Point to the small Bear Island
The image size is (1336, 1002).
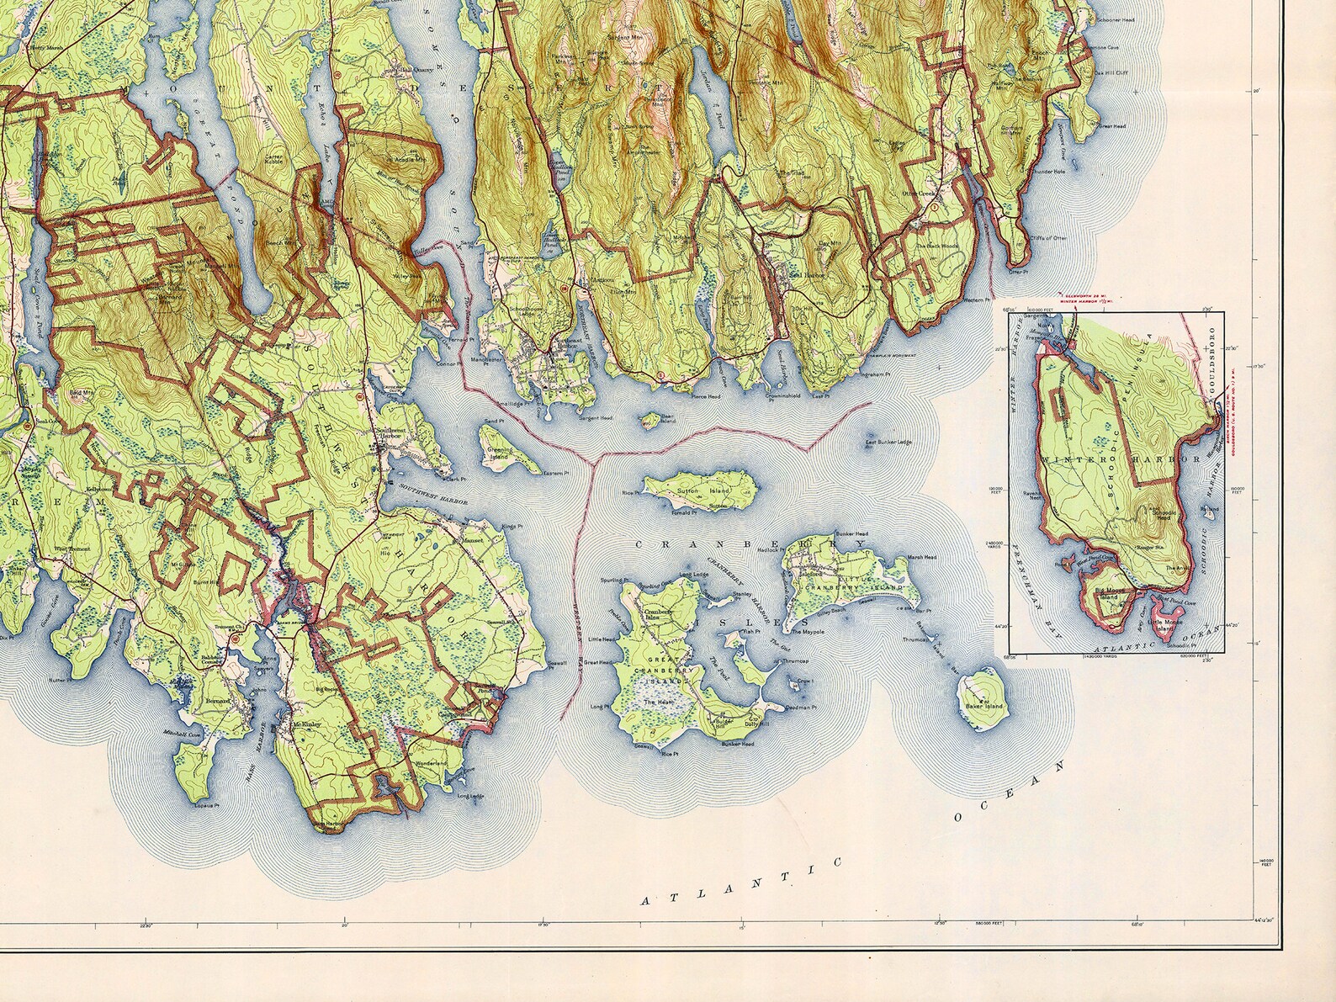[649, 419]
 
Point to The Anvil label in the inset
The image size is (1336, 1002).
[1177, 569]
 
